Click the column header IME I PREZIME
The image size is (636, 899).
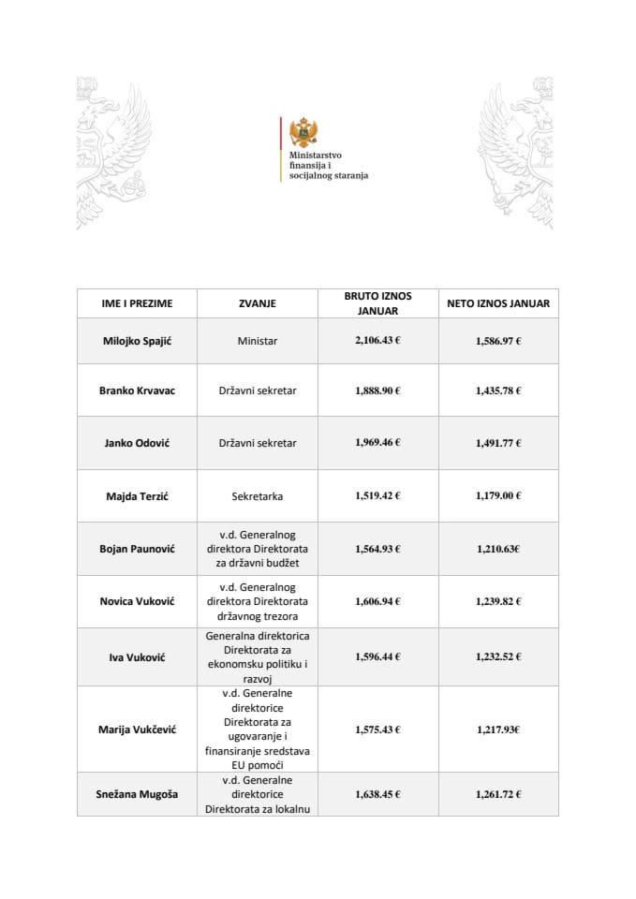tap(137, 303)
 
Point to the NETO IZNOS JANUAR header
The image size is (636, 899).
tap(498, 303)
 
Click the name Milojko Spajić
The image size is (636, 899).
tap(137, 341)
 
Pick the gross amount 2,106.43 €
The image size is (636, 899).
tap(377, 341)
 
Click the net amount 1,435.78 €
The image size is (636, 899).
tap(498, 391)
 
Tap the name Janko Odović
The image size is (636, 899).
tap(137, 443)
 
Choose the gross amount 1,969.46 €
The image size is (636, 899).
tap(377, 443)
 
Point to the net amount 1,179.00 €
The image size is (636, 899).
tap(498, 496)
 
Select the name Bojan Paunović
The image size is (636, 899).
tap(137, 549)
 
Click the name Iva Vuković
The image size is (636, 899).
tap(137, 658)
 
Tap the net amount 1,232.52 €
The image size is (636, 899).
tap(498, 658)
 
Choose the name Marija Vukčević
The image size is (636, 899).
tap(137, 729)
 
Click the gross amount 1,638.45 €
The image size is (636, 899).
tap(377, 794)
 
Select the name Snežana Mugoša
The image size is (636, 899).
tap(137, 794)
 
